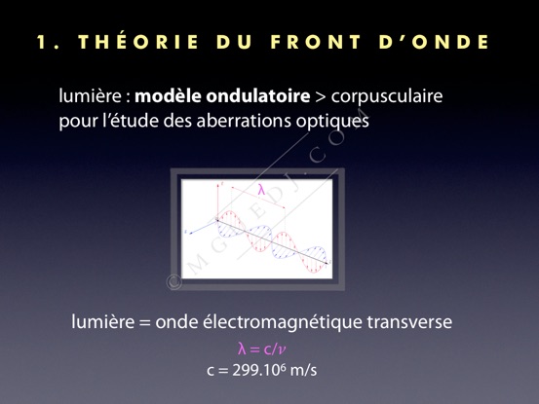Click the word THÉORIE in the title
coord(138,42)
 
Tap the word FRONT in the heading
coord(316,42)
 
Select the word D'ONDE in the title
coord(434,42)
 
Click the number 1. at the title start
coord(47,42)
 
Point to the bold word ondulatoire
coord(258,95)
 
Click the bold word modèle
coord(168,95)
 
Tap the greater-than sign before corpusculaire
coord(320,96)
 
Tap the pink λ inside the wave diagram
coord(262,190)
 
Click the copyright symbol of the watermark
coord(174,282)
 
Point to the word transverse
coord(409,322)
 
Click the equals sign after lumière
coord(145,323)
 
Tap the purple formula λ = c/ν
coord(262,349)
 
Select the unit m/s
coord(303,370)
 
